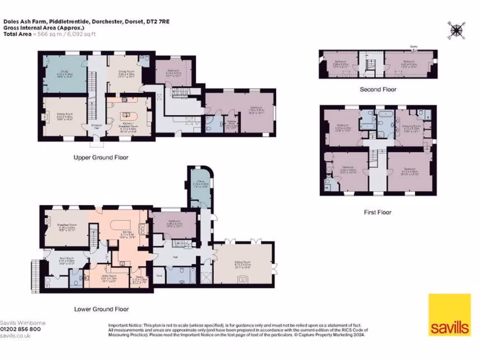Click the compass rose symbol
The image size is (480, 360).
pyautogui.click(x=455, y=30)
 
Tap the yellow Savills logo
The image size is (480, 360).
pyautogui.click(x=449, y=315)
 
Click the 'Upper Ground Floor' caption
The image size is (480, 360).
pyautogui.click(x=101, y=157)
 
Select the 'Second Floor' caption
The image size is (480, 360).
pyautogui.click(x=378, y=89)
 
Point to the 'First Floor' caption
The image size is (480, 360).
pyautogui.click(x=377, y=212)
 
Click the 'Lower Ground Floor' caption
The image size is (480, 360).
pyautogui.click(x=101, y=309)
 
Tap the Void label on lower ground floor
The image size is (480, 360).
pyautogui.click(x=159, y=276)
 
